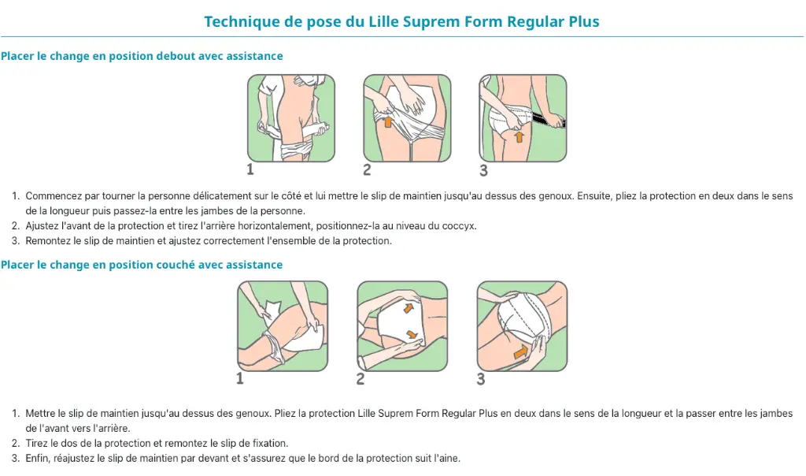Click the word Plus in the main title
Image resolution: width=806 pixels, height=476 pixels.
click(584, 21)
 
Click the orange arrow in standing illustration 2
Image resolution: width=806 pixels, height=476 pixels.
click(388, 121)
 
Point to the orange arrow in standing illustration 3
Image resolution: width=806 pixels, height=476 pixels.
click(519, 136)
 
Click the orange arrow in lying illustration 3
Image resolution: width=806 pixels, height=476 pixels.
click(521, 352)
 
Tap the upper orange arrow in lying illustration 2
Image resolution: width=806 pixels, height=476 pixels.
click(409, 307)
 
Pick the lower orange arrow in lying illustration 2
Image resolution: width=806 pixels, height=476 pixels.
click(411, 334)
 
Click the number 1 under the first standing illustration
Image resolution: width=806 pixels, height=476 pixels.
click(250, 169)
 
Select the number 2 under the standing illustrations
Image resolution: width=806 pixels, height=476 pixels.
click(367, 169)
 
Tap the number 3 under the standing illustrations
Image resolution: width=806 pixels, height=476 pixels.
click(484, 170)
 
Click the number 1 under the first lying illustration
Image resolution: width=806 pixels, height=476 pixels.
click(239, 379)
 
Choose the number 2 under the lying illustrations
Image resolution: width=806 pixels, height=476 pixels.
click(360, 379)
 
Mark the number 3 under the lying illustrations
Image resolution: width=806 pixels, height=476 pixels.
click(481, 379)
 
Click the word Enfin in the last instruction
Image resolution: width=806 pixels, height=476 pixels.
click(37, 458)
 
